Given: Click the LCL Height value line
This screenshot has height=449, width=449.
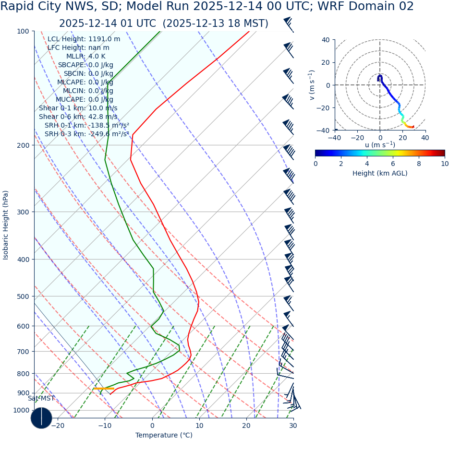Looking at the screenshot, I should (84, 39).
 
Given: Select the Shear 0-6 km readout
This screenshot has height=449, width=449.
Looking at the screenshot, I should (78, 117).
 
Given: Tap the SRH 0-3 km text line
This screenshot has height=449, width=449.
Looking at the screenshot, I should (86, 134).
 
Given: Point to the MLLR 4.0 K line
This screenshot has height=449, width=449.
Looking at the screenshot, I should (85, 56).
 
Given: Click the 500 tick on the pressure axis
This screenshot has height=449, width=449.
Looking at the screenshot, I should (23, 296).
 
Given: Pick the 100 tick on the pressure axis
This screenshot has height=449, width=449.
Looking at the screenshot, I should (23, 31).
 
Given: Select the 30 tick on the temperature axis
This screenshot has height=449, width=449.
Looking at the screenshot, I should (293, 425).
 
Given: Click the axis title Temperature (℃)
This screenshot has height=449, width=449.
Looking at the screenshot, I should (164, 435).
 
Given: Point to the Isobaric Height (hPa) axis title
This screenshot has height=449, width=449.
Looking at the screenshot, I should (6, 225).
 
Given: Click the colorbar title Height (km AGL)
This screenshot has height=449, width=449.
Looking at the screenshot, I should (380, 173).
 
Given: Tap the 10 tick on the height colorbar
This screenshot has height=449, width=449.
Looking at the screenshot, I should (445, 164).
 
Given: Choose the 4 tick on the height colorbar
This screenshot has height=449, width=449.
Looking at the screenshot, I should (367, 164).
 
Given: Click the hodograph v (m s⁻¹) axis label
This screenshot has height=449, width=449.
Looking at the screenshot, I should (312, 85).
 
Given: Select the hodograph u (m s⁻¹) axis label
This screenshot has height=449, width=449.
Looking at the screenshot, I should (380, 145).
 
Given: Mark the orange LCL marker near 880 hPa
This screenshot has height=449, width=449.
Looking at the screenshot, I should (104, 389).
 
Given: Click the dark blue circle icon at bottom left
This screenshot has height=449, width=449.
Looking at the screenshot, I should (41, 418).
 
